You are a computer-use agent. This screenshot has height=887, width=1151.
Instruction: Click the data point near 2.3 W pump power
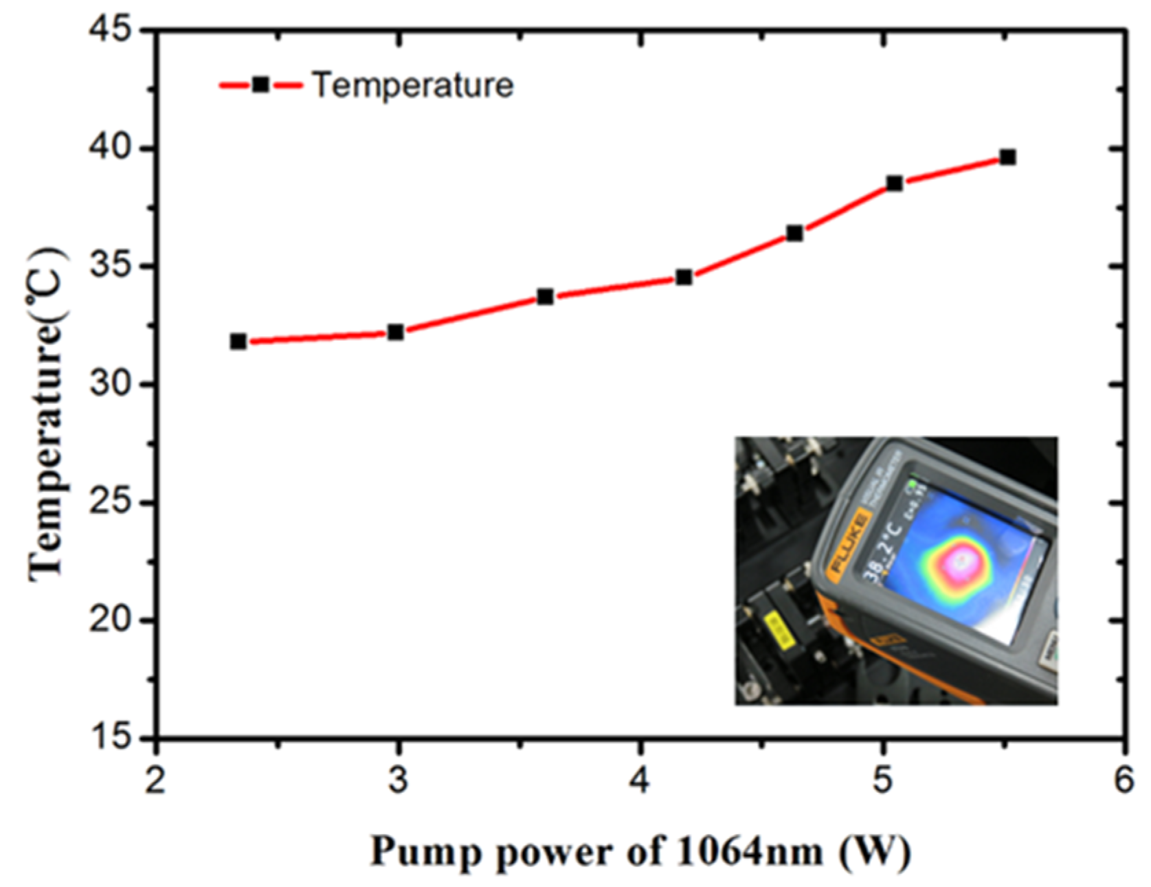(238, 341)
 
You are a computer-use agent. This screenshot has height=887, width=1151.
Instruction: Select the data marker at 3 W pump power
(396, 333)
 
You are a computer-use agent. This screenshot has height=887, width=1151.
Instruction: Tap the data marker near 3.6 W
(546, 297)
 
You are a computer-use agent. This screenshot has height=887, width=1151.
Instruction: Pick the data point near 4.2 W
(684, 278)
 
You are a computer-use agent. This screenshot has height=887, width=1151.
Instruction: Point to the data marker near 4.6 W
(795, 234)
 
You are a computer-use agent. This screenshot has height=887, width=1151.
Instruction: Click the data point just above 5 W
(895, 183)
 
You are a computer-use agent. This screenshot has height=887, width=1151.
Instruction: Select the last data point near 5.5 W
(1007, 157)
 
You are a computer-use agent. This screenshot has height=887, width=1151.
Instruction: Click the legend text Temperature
(413, 85)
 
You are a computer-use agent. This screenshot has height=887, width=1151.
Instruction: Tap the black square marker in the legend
(261, 85)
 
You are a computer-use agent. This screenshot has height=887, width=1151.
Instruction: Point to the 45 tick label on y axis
(113, 32)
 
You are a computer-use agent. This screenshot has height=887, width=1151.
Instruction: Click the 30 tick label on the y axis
(113, 385)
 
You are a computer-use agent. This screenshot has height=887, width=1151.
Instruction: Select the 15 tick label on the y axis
(113, 738)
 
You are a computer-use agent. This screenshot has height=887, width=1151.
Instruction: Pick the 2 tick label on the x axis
(156, 781)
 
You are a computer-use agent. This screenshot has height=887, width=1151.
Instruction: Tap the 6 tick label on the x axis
(1124, 781)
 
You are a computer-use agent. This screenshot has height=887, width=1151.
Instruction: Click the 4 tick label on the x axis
(640, 781)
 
